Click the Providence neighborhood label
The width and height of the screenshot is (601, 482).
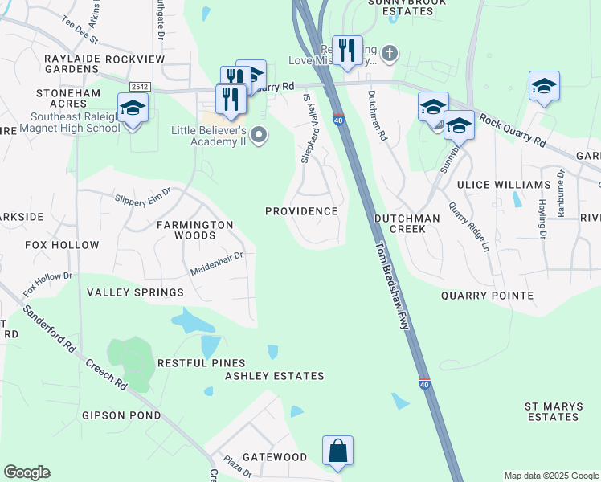[302, 211]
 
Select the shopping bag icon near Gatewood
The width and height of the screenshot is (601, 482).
[338, 452]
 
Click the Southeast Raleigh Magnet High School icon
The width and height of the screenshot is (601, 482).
[133, 108]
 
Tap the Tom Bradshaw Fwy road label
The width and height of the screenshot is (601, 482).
[390, 285]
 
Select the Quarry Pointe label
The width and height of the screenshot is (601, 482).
[487, 296]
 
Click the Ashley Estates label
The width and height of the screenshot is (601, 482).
[275, 376]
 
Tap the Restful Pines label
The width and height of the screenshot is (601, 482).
[202, 363]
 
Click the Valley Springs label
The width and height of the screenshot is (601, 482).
[136, 292]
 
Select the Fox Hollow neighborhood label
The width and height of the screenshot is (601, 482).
[62, 245]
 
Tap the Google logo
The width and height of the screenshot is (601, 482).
[27, 472]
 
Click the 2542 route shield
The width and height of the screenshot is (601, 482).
[140, 86]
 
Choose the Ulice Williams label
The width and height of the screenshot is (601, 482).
[491, 185]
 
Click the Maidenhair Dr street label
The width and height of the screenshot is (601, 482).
[216, 263]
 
